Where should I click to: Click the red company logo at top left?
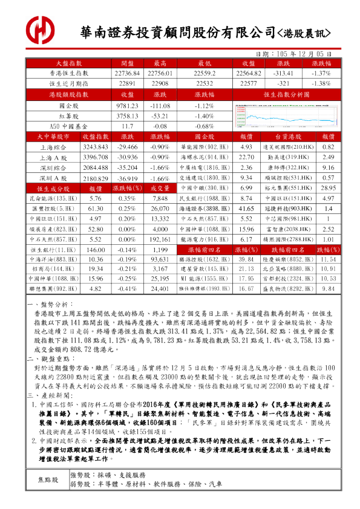point(41,29)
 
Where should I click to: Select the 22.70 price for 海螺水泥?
point(246,157)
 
